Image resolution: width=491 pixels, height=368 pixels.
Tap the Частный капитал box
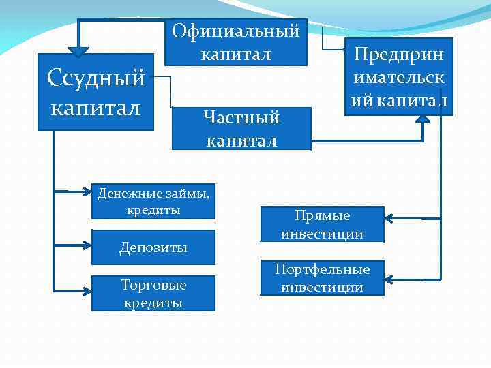pos(241,128)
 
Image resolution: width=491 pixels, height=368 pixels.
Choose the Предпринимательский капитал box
pos(399,77)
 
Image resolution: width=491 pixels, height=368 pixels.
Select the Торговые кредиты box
pos(153,292)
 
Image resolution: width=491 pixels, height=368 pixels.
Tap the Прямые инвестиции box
pos(322,224)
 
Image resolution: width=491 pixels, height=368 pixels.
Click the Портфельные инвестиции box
pos(322,278)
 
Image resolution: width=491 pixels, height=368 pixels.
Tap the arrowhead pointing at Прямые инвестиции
pos(389,218)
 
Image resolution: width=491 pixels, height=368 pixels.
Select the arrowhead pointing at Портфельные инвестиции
pos(389,278)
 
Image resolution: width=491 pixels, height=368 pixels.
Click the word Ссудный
pos(96,78)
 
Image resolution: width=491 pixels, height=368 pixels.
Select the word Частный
pos(241,117)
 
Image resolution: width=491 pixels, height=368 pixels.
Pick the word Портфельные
pos(322,269)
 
